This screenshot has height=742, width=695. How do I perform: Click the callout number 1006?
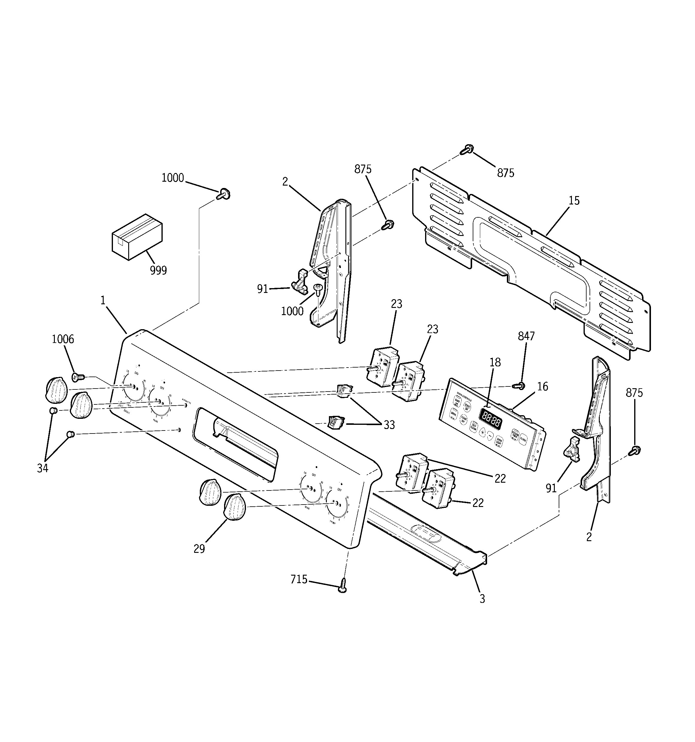(63, 339)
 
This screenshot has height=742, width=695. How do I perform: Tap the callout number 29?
(199, 549)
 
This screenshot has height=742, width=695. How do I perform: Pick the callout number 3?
(482, 599)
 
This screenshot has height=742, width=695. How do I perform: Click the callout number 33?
(389, 425)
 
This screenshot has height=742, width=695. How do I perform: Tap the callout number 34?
(43, 468)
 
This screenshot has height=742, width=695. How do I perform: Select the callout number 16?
(543, 387)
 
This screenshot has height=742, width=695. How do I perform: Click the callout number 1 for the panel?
(103, 300)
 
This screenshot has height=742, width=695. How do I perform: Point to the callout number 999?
(158, 270)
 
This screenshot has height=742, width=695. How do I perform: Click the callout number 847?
(526, 336)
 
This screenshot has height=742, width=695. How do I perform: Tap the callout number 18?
(495, 362)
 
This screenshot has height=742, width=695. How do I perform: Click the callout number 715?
(299, 579)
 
